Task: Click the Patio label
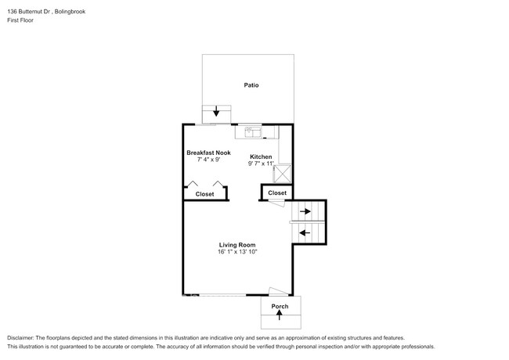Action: (251, 85)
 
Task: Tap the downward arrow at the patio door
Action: (216, 113)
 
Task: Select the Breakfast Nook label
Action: (208, 152)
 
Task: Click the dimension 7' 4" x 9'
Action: (208, 159)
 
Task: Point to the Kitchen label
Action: (261, 157)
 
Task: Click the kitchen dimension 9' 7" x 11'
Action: (262, 164)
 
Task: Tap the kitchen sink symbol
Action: (252, 131)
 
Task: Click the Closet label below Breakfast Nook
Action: (204, 193)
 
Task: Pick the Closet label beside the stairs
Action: (277, 193)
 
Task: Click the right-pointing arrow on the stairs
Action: (306, 211)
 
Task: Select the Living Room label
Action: (238, 245)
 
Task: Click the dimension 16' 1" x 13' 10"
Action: (238, 252)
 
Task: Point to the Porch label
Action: (280, 306)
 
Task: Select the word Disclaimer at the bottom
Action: (21, 337)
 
